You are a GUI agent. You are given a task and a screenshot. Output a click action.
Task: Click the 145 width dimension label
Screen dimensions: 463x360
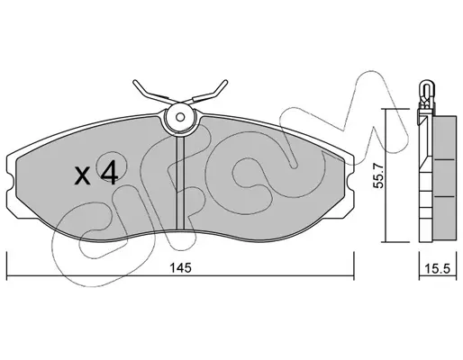(x=180, y=268)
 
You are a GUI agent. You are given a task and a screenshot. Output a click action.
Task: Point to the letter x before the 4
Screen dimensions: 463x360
(x=82, y=176)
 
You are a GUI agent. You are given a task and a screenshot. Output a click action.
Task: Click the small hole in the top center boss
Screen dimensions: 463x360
(x=180, y=117)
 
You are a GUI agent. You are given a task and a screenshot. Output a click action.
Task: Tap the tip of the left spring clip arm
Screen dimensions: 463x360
(x=135, y=81)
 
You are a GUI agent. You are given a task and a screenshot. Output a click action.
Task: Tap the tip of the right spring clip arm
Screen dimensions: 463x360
(x=225, y=81)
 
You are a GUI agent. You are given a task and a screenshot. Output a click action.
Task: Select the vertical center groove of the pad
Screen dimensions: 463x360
(x=180, y=184)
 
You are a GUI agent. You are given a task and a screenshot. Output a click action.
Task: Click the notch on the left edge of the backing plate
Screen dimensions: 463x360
(x=11, y=184)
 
